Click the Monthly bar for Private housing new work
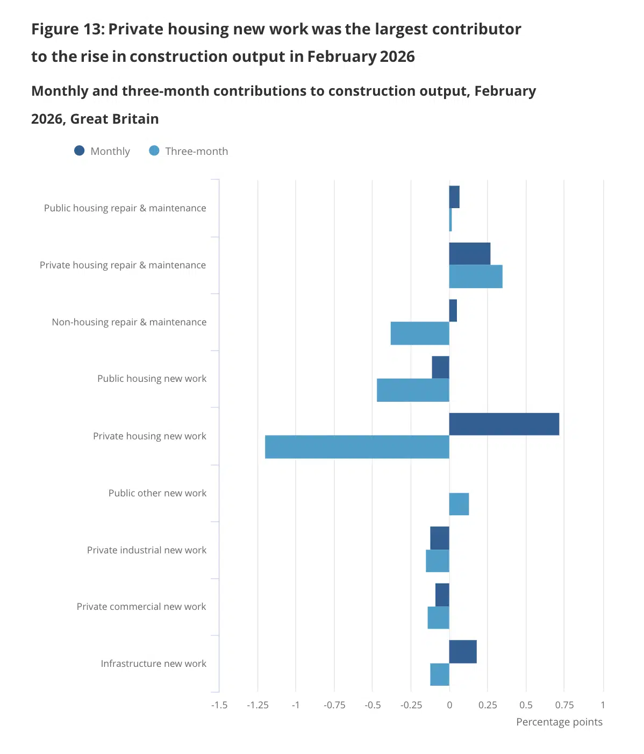[x=504, y=424]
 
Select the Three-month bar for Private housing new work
[x=357, y=447]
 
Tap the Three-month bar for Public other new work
[x=459, y=504]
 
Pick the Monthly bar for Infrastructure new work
[x=463, y=651]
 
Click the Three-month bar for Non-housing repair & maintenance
[x=420, y=333]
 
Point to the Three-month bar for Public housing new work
[x=413, y=390]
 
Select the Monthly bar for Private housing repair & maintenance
[x=470, y=253]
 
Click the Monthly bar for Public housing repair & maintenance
[x=454, y=197]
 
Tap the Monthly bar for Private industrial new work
[x=440, y=538]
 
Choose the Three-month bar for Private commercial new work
[x=439, y=617]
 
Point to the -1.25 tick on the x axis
[x=257, y=705]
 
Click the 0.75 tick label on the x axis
[x=564, y=705]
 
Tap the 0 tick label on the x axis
[x=449, y=705]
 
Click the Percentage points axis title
[x=559, y=722]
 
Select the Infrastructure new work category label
[x=153, y=664]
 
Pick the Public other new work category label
[x=157, y=493]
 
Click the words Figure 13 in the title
[x=67, y=29]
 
